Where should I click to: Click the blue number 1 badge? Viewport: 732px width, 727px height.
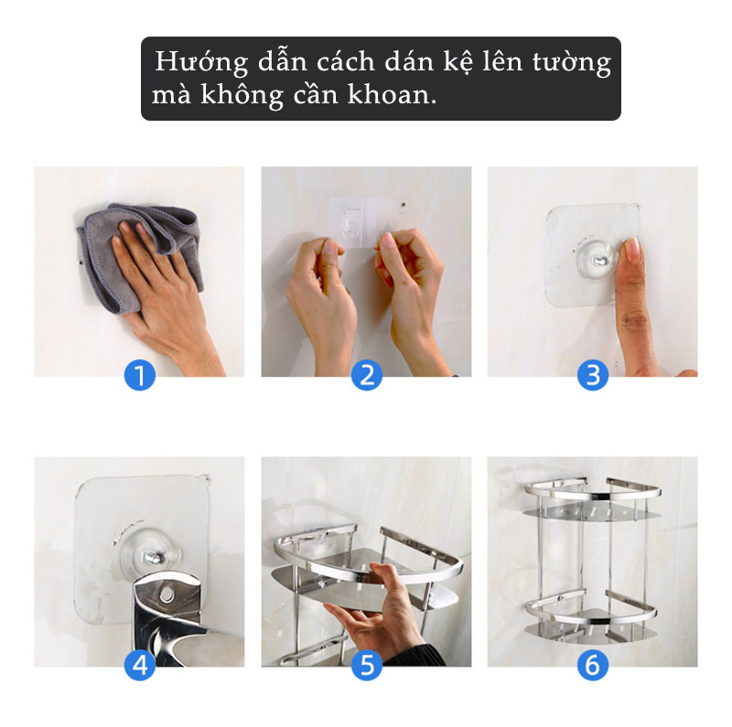140,374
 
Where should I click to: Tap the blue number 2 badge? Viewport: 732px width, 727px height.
367,374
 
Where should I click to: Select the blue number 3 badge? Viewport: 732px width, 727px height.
592,374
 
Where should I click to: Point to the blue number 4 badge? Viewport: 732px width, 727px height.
140,665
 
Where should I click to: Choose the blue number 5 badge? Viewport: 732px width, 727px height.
367,665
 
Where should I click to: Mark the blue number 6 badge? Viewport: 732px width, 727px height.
592,665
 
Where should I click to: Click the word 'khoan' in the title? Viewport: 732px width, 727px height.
390,95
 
